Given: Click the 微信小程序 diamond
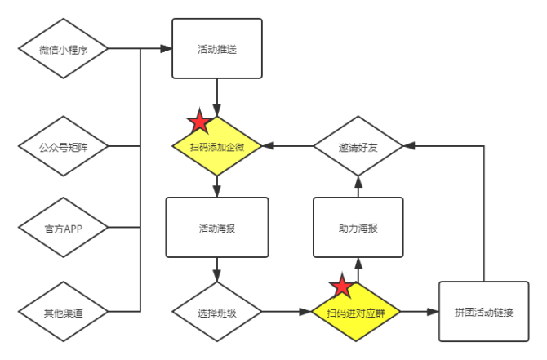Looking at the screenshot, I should tap(63, 49).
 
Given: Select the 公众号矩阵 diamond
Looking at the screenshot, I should tap(63, 148).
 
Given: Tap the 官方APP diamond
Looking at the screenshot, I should tap(63, 229).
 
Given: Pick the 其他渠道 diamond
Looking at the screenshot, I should tap(63, 311).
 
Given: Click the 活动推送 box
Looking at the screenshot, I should tap(217, 49).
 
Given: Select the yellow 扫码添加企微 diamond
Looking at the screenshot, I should tap(217, 148).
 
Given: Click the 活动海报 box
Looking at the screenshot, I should tap(217, 228).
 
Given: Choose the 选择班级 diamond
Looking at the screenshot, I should tap(217, 312).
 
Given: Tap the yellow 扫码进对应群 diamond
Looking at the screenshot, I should tap(358, 312).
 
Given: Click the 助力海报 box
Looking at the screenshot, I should tap(358, 228).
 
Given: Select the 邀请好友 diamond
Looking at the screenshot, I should tap(358, 148).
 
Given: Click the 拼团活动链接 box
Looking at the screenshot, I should tap(483, 312).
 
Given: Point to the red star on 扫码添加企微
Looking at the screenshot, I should tap(198, 122).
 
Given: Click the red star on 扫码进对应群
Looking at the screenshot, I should tap(341, 287).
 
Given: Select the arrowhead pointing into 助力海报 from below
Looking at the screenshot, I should tap(358, 264).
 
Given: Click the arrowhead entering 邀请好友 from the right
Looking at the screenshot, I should tap(408, 148).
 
